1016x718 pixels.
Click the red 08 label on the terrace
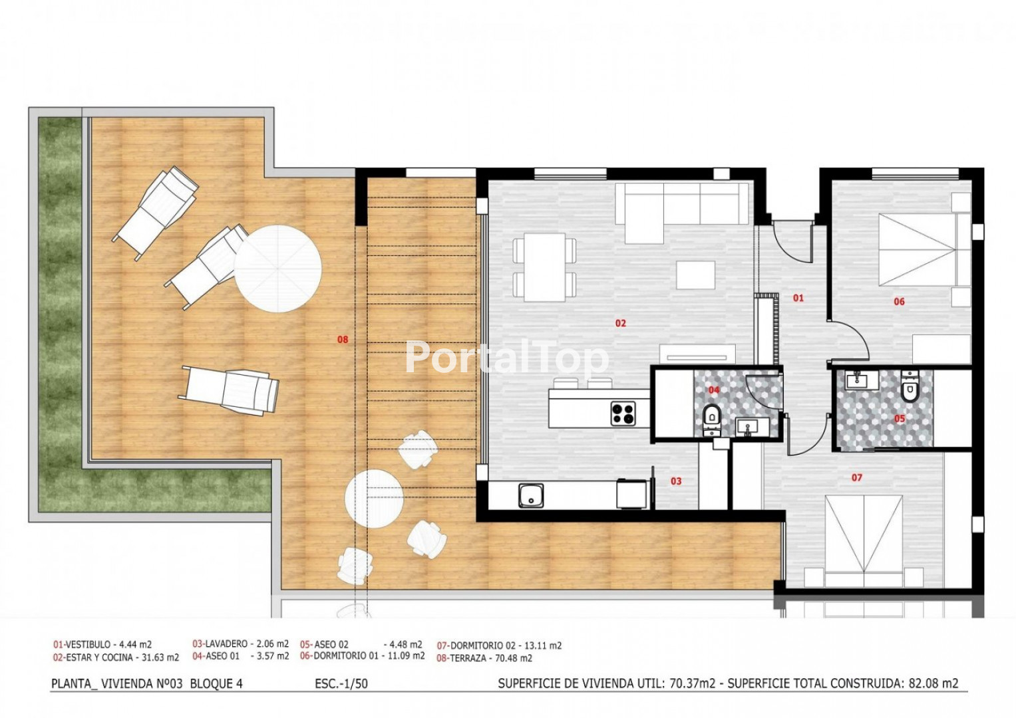(x=343, y=340)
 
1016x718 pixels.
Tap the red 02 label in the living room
(x=621, y=323)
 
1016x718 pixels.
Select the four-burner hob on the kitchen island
(x=623, y=413)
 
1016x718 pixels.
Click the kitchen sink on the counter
(x=531, y=495)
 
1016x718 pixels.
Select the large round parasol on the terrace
(x=277, y=269)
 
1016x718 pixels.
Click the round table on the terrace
(x=374, y=499)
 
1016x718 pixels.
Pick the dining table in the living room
(x=545, y=267)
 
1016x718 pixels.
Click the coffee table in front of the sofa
(x=696, y=275)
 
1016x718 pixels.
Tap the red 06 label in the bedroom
(x=899, y=301)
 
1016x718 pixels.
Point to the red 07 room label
(x=857, y=477)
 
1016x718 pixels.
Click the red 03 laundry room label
(x=676, y=481)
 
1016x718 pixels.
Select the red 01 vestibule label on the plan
(x=798, y=298)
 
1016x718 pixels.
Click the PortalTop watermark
(x=506, y=358)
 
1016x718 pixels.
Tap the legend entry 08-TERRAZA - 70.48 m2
(x=484, y=658)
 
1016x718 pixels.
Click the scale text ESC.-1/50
(x=341, y=683)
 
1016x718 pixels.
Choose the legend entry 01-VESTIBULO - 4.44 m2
(x=102, y=644)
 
